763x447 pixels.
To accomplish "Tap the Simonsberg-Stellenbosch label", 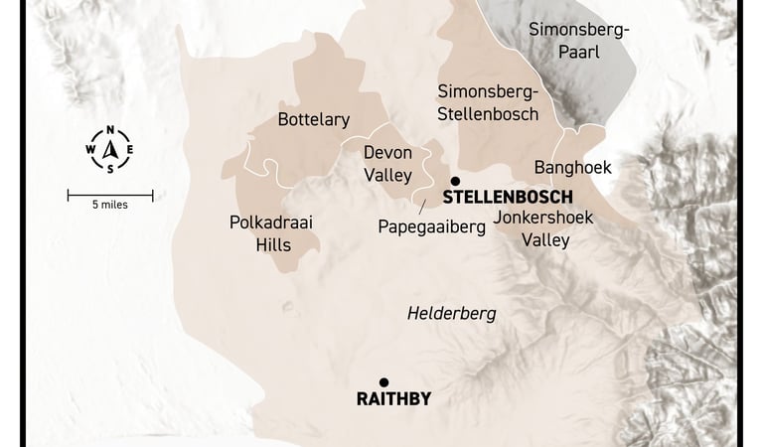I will coord(488,102).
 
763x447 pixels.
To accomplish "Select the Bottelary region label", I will coord(314,120).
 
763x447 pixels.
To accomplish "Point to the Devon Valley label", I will coord(387,164).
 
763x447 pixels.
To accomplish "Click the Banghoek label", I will coord(572,167).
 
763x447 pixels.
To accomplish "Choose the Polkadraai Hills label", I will coord(270,232).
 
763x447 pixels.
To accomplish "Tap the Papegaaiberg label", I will coord(431,227).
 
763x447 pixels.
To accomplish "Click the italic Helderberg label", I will coord(452,314).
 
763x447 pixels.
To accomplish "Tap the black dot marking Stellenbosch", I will coord(455,181).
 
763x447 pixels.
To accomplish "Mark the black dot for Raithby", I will coord(383,382).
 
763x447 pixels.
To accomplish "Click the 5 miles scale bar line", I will coord(110,195).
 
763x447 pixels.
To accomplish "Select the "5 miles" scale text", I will coord(110,206).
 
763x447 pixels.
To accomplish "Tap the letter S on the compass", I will coord(110,168).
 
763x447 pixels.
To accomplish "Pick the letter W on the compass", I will coord(91,150).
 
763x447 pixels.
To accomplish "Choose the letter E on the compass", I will coord(128,150).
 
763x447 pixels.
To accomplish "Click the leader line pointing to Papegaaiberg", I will coord(423,207).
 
